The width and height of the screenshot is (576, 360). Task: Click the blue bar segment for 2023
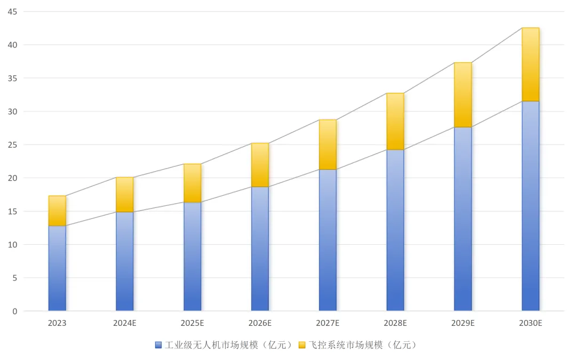pos(57,268)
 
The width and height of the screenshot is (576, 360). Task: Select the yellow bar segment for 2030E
pos(530,65)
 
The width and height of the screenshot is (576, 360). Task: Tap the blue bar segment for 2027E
pos(327,240)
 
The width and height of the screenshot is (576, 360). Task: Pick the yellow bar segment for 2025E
pos(193,183)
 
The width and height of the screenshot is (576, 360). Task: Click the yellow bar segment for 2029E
pos(462,95)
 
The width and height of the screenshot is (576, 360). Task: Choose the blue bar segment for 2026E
pos(260,249)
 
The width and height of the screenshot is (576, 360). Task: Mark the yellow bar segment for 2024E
pos(125,195)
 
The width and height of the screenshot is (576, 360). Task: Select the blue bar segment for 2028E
pos(395,230)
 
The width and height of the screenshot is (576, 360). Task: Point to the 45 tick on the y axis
pos(12,12)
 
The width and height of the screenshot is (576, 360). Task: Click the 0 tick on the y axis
pos(15,311)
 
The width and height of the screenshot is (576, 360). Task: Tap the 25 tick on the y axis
pos(12,145)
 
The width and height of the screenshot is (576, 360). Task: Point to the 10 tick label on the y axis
pos(12,244)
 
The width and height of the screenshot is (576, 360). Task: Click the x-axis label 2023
pos(57,323)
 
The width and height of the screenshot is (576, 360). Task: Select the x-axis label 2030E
pos(530,323)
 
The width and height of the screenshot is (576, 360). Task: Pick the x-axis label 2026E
pos(260,323)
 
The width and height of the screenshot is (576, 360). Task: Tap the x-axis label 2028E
pos(395,323)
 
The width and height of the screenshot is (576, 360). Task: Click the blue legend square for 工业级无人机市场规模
pos(158,345)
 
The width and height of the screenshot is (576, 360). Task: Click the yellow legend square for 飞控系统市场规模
pos(302,345)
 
